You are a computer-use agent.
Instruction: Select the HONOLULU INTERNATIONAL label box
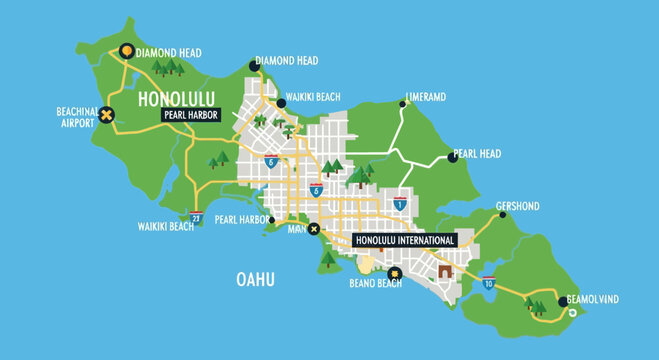click(405, 240)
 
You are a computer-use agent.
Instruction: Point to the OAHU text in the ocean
click(254, 279)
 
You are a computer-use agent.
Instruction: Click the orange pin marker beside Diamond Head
click(126, 52)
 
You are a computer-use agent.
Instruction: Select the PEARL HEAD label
click(477, 154)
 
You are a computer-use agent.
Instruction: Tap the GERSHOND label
click(517, 206)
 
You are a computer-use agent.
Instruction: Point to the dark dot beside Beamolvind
click(560, 302)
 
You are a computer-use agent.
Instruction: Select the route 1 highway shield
click(400, 204)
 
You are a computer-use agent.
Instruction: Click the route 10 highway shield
click(488, 283)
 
